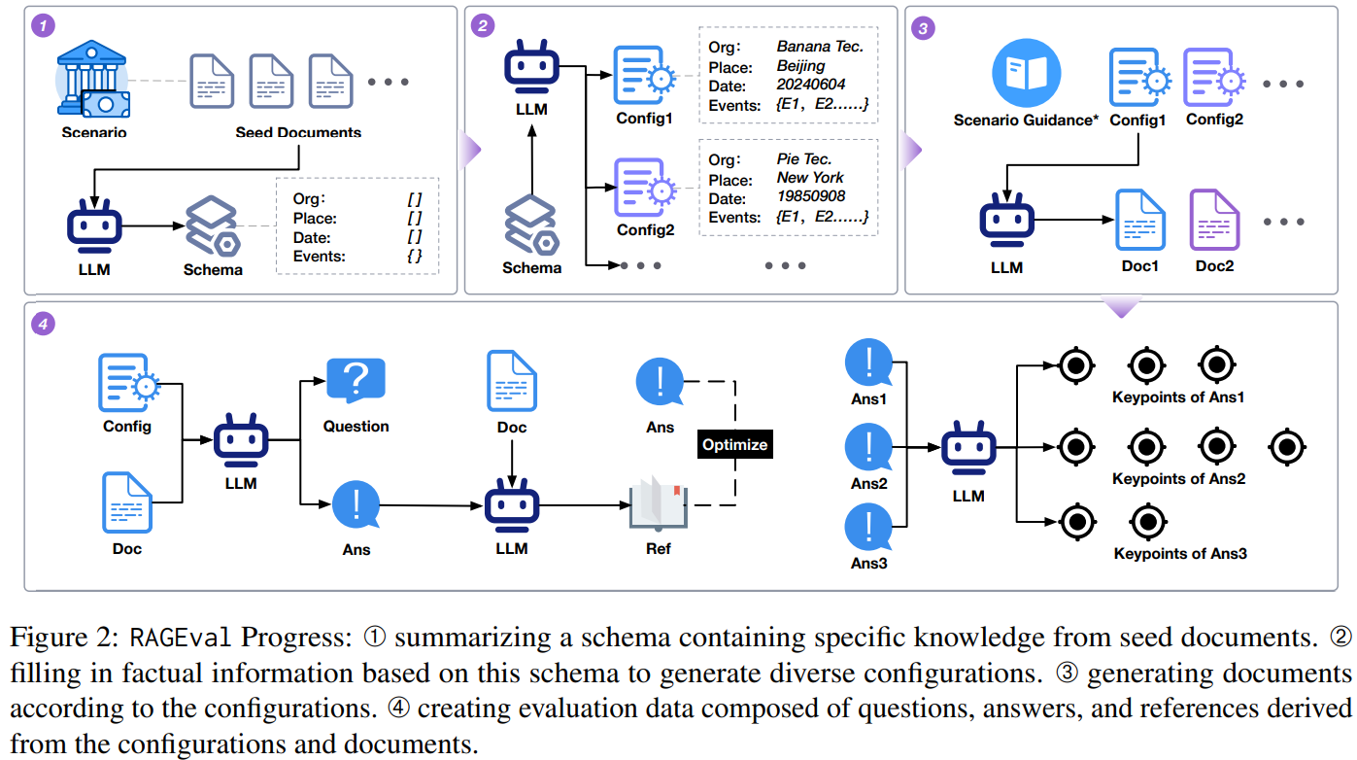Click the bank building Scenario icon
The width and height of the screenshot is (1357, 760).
[x=93, y=79]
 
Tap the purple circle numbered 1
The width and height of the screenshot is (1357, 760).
[x=43, y=25]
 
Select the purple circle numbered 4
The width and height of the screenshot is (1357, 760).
[x=43, y=324]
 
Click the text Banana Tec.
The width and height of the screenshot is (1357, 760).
[x=820, y=47]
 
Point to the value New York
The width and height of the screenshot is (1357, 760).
[x=810, y=178]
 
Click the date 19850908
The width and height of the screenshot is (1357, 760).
[x=810, y=196]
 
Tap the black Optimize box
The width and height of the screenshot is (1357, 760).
[x=735, y=444]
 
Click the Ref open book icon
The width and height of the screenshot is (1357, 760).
[x=658, y=502]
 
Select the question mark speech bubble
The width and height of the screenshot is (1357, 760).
[x=356, y=380]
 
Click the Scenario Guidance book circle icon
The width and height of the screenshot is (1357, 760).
[x=1026, y=73]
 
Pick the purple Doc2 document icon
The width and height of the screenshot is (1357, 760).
[x=1214, y=220]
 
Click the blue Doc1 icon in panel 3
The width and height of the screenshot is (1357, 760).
[x=1140, y=220]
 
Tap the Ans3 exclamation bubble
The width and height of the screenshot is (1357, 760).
[x=868, y=527]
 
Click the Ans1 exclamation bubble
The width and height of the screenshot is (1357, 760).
[x=868, y=363]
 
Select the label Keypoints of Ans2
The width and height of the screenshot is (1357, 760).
[x=1178, y=479]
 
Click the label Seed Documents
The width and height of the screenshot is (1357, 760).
[x=298, y=132]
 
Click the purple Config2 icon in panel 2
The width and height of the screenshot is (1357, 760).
[x=645, y=188]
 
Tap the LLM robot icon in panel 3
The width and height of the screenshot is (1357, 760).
[x=1007, y=220]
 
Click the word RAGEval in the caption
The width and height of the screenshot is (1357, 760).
[x=181, y=638]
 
